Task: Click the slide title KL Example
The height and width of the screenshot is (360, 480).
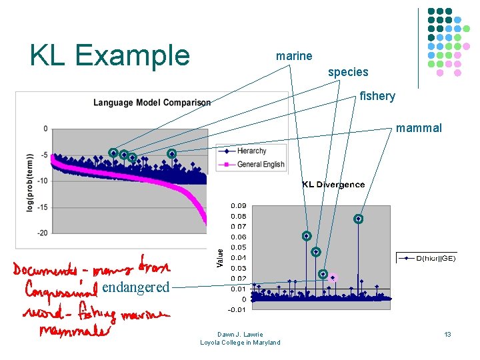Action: pos(110,55)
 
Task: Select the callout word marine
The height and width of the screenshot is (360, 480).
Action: pos(294,56)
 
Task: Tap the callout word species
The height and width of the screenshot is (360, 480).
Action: pos(348,71)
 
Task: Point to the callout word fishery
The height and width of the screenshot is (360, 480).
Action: pos(377,96)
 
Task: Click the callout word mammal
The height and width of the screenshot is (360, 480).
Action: pos(419,128)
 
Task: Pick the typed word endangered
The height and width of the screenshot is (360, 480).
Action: pos(136,287)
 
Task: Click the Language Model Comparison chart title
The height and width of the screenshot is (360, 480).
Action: pos(152,103)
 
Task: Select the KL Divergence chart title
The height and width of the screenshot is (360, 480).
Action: pos(333,184)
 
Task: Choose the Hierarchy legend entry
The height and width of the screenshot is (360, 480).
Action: pos(251,151)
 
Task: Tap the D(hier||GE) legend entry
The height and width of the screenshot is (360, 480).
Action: pos(437,258)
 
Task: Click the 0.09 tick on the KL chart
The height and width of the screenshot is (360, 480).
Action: pos(238,205)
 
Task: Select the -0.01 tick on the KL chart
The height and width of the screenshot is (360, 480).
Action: pos(238,309)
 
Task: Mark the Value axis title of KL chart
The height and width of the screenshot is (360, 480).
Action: pos(220,259)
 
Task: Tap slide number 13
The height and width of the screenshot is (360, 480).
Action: pos(448,334)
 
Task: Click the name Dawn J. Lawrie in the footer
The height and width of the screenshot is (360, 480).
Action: pos(240,335)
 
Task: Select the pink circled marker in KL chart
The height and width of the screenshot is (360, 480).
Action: pos(333,277)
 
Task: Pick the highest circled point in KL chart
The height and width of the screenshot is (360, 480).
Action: pos(358,219)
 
